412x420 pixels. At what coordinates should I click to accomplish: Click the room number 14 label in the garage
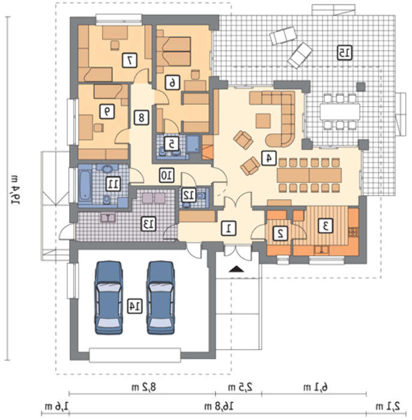(x=135, y=307)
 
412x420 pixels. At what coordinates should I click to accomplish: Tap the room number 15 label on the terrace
(x=345, y=53)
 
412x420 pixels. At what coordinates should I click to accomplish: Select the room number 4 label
(x=269, y=158)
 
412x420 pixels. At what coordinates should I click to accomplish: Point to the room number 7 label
(x=130, y=60)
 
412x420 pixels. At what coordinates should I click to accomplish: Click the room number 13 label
(x=148, y=224)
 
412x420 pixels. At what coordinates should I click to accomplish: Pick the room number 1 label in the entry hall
(x=229, y=228)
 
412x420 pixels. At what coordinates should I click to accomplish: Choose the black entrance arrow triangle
(x=237, y=269)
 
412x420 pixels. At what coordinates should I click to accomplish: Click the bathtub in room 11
(x=85, y=185)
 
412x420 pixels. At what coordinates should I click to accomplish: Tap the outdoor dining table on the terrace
(x=339, y=112)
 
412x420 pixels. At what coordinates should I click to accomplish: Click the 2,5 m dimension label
(x=240, y=387)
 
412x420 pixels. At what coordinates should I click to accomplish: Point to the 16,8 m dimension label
(x=219, y=407)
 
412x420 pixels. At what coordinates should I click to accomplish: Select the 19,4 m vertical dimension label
(x=16, y=190)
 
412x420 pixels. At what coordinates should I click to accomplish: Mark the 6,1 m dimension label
(x=315, y=387)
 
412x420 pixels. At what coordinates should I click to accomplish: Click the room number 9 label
(x=108, y=111)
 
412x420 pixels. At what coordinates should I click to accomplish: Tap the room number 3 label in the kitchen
(x=326, y=226)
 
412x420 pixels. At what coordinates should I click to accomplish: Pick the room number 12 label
(x=189, y=195)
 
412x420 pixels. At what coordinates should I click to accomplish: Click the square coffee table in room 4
(x=263, y=121)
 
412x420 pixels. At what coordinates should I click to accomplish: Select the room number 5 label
(x=172, y=144)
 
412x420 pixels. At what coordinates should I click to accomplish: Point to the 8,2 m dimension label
(x=144, y=387)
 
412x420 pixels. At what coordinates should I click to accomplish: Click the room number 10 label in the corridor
(x=166, y=175)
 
